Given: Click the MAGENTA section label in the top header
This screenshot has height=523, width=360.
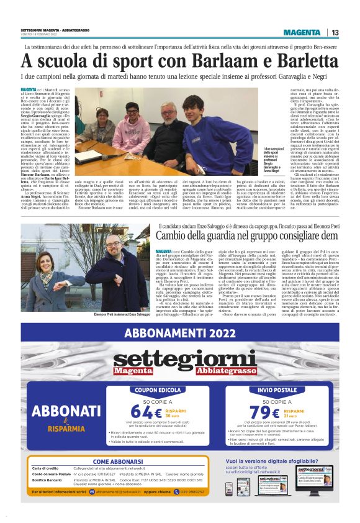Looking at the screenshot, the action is point(303,32).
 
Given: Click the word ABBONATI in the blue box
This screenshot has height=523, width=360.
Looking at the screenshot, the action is point(63,412).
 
